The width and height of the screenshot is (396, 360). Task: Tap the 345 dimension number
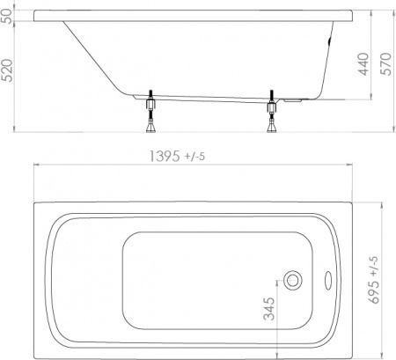pos(270,309)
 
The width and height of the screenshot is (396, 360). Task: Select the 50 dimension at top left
pos(8,18)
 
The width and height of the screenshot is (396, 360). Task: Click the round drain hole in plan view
pos(293,281)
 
